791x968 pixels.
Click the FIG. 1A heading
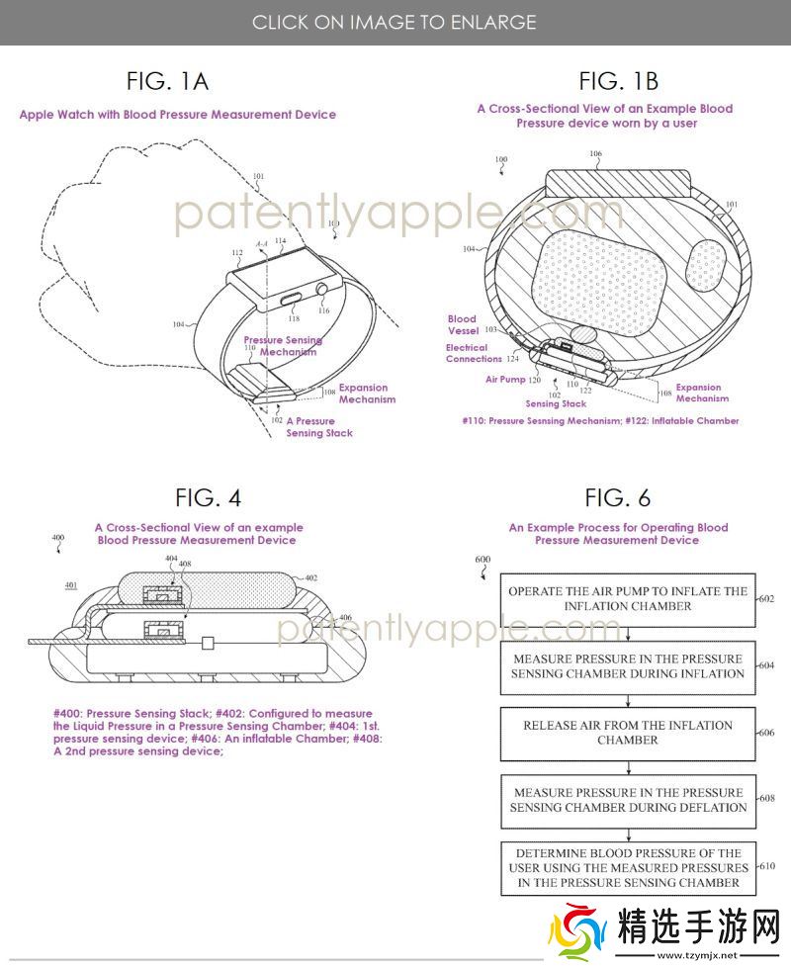[x=167, y=80]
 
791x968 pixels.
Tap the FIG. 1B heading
[x=619, y=80]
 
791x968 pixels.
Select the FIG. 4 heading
[x=208, y=497]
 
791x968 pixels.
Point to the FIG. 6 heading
[x=618, y=497]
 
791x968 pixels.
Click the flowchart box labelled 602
[x=628, y=598]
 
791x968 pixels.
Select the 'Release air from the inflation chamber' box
[x=628, y=732]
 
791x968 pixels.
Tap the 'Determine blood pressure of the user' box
[x=628, y=867]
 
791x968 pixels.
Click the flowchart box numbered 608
[x=628, y=799]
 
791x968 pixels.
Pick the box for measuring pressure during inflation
[x=628, y=665]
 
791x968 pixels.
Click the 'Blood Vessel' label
[x=462, y=325]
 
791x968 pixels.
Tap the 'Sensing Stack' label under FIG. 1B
[x=556, y=403]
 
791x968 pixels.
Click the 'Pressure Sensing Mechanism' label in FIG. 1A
[x=283, y=346]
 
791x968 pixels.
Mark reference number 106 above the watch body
[x=595, y=154]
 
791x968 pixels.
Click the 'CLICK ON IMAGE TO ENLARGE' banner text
[x=395, y=22]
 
